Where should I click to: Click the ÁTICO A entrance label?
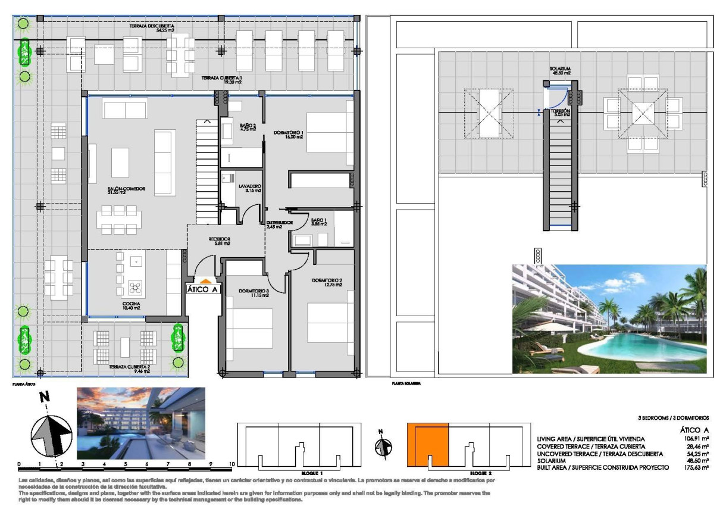point(204,289)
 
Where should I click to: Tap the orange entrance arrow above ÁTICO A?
point(204,280)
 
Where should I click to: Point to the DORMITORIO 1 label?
point(289,134)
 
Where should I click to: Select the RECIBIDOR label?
point(219,241)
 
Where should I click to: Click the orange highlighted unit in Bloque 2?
point(427,444)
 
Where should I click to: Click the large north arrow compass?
point(52,430)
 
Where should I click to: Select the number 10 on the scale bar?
point(232,464)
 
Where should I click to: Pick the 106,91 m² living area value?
point(697,439)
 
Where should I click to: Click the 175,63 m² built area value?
point(697,468)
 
